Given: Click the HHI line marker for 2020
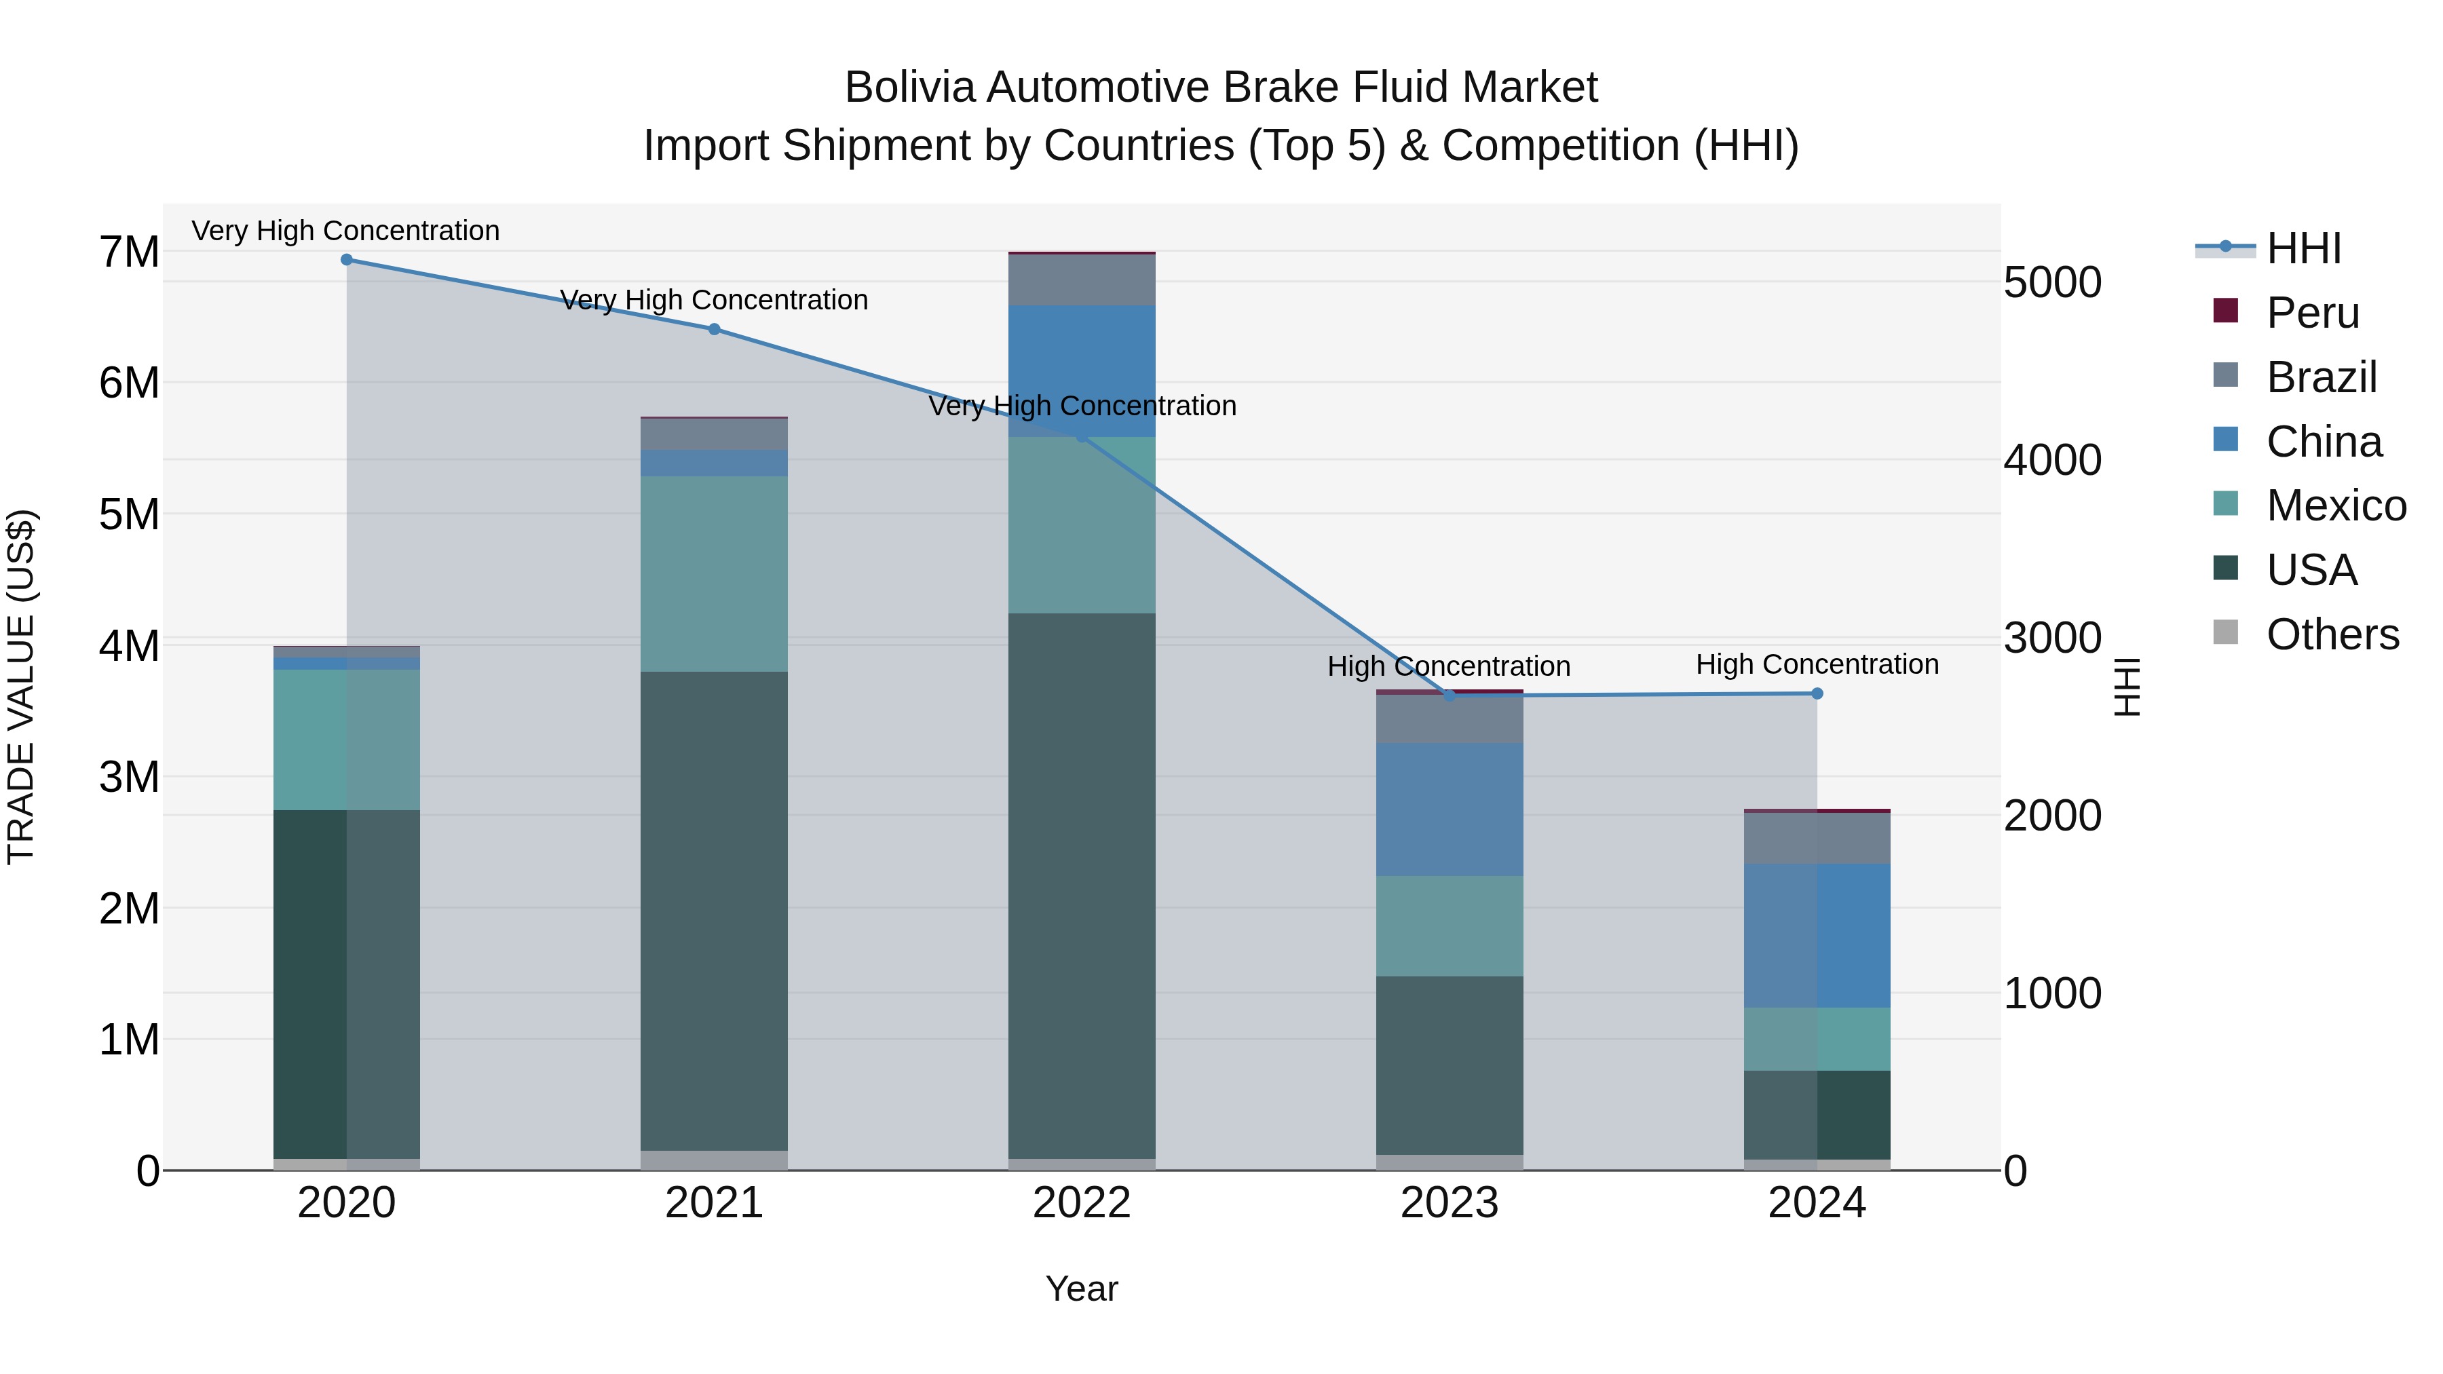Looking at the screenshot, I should point(346,260).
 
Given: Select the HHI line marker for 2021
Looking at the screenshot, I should point(714,329).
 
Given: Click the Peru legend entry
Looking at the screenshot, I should point(2312,313).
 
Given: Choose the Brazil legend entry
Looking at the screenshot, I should point(2321,377).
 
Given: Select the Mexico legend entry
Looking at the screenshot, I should point(2335,505).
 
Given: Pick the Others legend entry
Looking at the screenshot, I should point(2332,634).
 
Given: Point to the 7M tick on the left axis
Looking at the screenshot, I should point(129,252).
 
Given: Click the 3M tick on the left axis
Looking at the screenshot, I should point(129,777).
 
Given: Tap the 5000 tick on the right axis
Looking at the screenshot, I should point(2052,282).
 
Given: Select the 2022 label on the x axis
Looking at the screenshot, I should point(1081,1203).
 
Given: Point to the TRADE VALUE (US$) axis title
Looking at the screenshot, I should point(21,687).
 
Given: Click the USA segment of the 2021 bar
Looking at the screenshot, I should point(714,911).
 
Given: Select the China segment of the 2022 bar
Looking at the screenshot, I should point(1081,370).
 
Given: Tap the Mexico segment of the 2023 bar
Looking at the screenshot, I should point(1449,925).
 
